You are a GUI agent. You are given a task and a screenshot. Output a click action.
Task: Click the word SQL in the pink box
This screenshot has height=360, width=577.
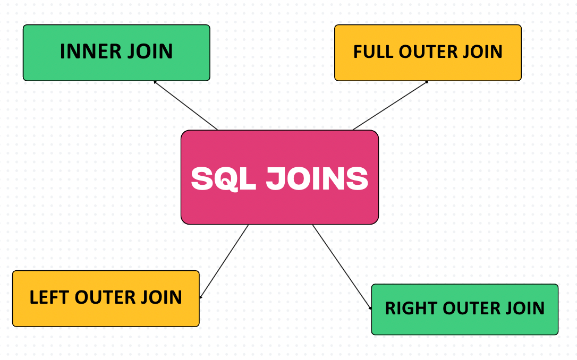click(223, 179)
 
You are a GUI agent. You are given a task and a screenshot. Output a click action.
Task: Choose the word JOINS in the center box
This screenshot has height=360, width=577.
click(317, 179)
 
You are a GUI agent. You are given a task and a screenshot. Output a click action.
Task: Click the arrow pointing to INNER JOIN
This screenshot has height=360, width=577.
click(185, 105)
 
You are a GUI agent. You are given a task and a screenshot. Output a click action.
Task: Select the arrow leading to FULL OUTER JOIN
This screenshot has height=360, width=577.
click(391, 105)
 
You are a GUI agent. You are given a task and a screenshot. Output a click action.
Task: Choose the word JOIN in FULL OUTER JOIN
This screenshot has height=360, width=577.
click(482, 52)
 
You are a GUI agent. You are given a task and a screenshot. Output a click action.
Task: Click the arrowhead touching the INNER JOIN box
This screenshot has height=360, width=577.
click(155, 82)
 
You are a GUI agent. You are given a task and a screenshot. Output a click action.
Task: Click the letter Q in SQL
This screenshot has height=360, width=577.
click(224, 179)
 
